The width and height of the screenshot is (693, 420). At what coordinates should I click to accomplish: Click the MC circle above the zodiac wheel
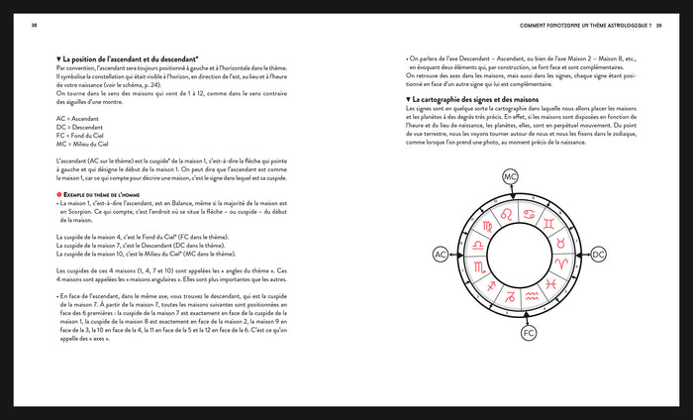pos(510,177)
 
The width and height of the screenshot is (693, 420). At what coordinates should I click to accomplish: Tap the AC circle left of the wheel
pos(441,256)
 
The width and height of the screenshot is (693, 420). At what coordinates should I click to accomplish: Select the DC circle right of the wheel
pos(598,256)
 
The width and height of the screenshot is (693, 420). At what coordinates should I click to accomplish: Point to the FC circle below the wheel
pos(529,333)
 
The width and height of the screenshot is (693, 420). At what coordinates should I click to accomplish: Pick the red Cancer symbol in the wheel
pos(527,214)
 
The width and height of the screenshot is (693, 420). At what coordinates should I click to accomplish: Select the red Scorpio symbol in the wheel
pos(478,265)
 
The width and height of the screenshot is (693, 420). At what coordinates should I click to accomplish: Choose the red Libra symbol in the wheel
pos(476,245)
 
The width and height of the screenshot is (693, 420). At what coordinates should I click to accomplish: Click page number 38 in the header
pos(35,25)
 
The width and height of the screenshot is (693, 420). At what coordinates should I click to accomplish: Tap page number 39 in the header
pos(657,25)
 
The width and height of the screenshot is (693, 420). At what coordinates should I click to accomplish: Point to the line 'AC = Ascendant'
pos(79,118)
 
